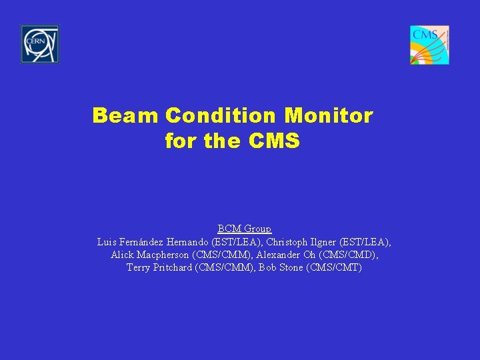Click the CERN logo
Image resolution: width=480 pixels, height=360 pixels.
click(x=40, y=44)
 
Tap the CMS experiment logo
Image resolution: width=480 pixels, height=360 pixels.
click(x=429, y=45)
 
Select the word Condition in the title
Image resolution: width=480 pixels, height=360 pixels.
click(x=221, y=116)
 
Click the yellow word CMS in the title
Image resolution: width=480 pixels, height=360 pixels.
click(x=274, y=141)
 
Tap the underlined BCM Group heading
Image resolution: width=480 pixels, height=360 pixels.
click(x=244, y=229)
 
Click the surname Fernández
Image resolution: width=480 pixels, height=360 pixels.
click(x=141, y=241)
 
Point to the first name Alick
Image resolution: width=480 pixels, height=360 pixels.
click(x=122, y=255)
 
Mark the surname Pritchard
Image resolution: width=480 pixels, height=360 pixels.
click(x=175, y=268)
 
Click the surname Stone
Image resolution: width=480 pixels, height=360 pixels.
click(x=291, y=268)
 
